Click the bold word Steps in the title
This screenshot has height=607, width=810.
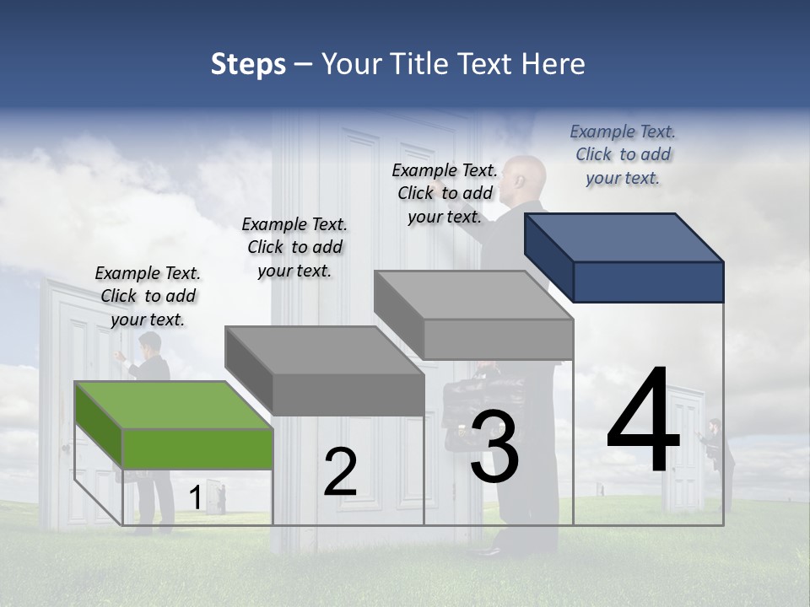click(248, 64)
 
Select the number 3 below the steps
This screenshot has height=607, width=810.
click(494, 447)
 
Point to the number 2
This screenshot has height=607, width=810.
click(340, 472)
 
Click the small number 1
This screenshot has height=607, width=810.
click(195, 497)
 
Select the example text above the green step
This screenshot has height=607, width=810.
click(148, 297)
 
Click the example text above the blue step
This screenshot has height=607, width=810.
click(623, 154)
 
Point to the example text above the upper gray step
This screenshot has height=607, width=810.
click(445, 193)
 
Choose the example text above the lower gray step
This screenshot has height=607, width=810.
click(294, 247)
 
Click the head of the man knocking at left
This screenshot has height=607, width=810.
click(150, 343)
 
